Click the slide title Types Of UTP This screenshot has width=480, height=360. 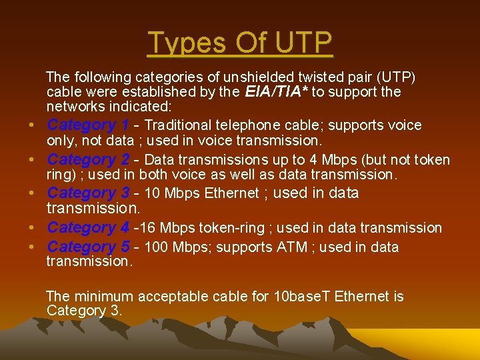coord(239,43)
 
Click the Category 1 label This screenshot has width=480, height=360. coord(88,125)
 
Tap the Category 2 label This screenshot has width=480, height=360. coord(88,160)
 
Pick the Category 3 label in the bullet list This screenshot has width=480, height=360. coord(88,193)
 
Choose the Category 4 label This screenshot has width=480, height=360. coord(88,228)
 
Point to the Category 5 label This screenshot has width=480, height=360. coord(88,247)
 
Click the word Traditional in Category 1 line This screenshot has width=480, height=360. coord(178,125)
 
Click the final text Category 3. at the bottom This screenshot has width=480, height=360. coord(84,311)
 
